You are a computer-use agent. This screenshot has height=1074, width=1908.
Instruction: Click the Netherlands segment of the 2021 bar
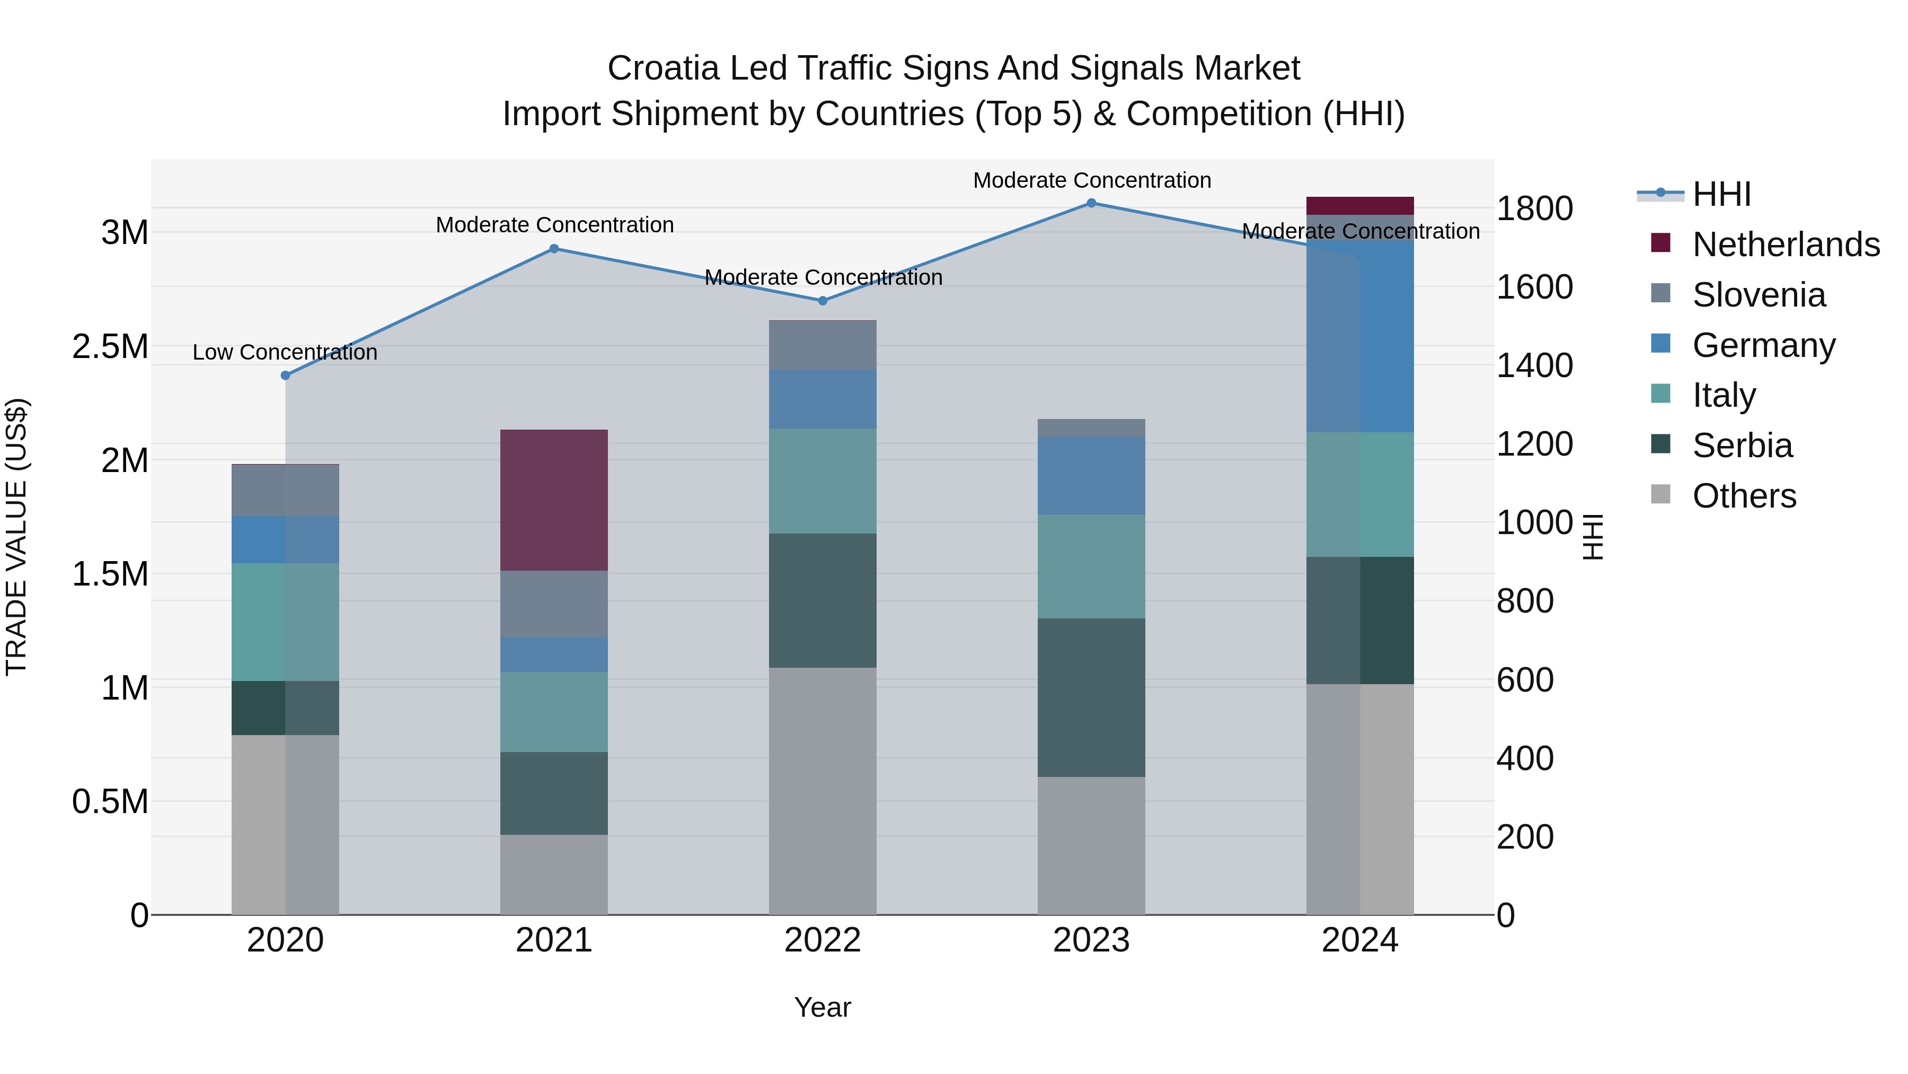tap(553, 500)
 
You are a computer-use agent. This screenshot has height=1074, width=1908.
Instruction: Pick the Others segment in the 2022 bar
tap(822, 790)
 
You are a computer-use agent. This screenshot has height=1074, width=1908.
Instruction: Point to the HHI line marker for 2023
tap(1091, 203)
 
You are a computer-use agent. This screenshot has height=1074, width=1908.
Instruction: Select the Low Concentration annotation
tap(285, 352)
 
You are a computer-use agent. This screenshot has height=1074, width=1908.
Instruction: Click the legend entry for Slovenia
tap(1759, 295)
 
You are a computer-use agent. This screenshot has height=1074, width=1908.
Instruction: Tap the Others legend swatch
tap(1660, 494)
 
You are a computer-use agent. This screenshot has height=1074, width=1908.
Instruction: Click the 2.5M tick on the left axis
tap(110, 347)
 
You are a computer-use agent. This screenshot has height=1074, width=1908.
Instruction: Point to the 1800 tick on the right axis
tap(1534, 208)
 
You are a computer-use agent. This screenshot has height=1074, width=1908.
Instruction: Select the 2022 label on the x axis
tap(822, 940)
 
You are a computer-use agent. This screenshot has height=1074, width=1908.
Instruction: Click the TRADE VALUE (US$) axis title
tap(16, 537)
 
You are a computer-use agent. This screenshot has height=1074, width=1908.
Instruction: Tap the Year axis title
tap(822, 1007)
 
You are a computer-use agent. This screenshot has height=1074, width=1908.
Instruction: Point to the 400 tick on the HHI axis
tap(1524, 758)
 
